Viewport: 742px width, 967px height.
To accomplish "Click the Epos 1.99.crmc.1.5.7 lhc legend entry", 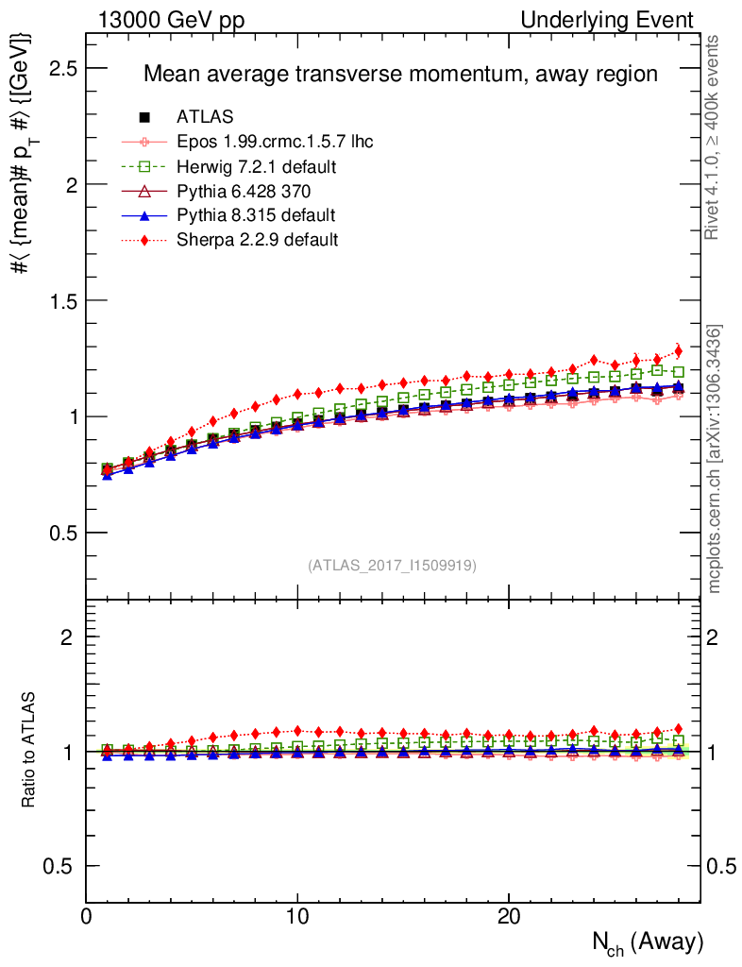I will [275, 142].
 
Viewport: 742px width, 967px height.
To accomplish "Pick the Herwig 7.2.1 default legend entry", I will [257, 166].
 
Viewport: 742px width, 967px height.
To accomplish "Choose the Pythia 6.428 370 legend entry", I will [244, 191].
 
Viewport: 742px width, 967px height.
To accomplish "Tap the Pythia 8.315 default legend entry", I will [256, 215].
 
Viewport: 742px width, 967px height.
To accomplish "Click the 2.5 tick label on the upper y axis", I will [62, 69].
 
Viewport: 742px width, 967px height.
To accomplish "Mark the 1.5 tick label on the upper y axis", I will [62, 301].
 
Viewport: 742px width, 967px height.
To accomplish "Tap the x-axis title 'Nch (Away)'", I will [647, 942].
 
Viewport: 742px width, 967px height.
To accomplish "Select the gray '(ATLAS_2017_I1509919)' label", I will [392, 566].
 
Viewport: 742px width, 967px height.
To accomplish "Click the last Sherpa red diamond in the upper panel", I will [678, 350].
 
